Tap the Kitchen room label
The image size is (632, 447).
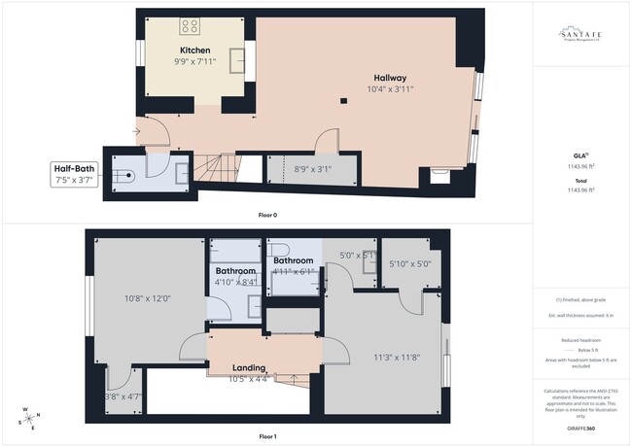point(194,50)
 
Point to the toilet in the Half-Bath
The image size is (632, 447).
point(123,176)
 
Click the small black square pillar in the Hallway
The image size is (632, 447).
point(342,99)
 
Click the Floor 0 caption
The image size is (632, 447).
point(267,215)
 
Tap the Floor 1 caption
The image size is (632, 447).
point(267,436)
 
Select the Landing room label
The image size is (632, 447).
point(250,367)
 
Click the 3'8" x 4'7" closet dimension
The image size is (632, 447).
point(123,396)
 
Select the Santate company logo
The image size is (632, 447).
point(580,35)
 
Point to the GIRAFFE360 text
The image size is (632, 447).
point(580,427)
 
